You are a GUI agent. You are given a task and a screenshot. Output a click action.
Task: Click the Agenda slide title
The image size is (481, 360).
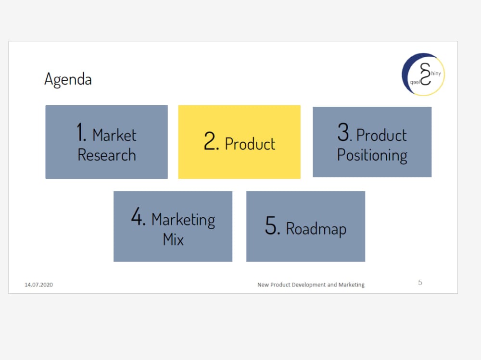point(68,79)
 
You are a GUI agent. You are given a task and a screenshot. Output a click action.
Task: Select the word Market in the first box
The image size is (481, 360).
point(114,135)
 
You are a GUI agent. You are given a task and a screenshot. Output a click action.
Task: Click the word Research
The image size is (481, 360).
point(107,155)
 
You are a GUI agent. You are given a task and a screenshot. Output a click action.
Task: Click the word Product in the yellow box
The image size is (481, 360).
point(250,144)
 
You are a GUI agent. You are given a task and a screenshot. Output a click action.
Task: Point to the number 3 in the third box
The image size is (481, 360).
point(343,133)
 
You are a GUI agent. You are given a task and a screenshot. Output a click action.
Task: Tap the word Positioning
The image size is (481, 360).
point(372,156)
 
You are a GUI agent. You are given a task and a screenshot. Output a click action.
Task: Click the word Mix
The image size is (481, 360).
point(173,239)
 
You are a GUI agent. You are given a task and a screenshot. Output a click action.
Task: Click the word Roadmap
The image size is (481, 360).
point(316,228)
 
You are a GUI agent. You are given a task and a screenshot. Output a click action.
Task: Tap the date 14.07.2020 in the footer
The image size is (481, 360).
point(38,285)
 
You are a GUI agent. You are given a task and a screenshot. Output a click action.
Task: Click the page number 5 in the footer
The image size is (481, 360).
point(420,283)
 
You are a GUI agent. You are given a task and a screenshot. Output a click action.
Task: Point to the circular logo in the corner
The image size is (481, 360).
point(423,74)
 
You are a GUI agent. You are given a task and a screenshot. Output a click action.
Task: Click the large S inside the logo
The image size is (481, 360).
point(425,74)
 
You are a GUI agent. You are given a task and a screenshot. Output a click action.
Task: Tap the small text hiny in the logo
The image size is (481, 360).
point(435,74)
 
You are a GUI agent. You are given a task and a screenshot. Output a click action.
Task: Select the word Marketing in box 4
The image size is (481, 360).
point(183,220)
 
